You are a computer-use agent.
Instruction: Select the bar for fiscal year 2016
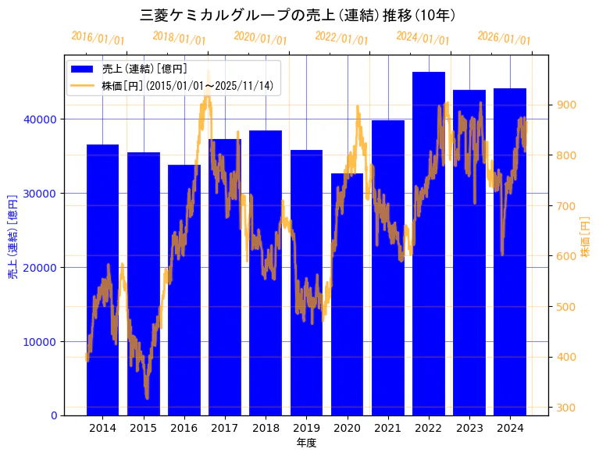pos(184,290)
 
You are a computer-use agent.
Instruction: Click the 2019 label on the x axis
pos(306,428)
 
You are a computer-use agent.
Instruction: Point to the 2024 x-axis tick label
pos(510,428)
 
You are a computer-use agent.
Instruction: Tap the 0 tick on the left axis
pos(53,415)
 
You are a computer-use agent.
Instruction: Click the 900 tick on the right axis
pos(565,105)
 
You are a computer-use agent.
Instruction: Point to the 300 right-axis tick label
pos(565,408)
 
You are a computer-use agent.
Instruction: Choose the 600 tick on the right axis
pos(565,256)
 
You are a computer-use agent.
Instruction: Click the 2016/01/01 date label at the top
pos(98,37)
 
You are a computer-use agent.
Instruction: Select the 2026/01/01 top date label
pos(504,37)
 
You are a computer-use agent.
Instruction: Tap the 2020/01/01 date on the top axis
pos(260,37)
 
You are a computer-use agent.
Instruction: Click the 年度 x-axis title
pos(306,443)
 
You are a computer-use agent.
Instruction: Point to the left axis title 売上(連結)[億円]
pos(12,235)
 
